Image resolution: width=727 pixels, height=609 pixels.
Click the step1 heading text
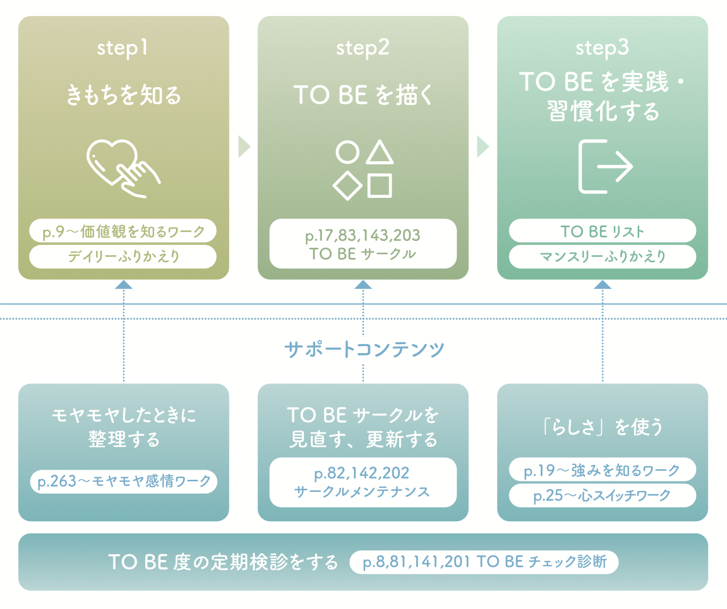click(x=122, y=48)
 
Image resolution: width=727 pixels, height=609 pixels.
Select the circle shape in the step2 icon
click(x=348, y=152)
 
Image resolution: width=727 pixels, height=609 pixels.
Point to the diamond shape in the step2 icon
click(x=348, y=186)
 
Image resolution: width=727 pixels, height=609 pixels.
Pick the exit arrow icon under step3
click(x=605, y=166)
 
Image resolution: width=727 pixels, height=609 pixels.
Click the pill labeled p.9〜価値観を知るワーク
click(x=123, y=231)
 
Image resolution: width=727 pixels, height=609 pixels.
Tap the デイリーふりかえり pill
click(x=123, y=256)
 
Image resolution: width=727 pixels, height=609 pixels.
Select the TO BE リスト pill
click(x=602, y=231)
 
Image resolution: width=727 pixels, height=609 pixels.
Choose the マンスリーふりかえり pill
click(x=602, y=256)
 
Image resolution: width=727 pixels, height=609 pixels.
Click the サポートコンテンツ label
click(x=364, y=349)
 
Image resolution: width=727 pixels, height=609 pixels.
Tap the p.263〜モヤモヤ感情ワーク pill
click(x=123, y=481)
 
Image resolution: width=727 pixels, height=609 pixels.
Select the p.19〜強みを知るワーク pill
click(x=602, y=470)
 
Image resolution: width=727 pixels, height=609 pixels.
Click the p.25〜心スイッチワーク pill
click(x=602, y=495)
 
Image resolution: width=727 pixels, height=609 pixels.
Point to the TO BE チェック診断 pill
click(x=484, y=562)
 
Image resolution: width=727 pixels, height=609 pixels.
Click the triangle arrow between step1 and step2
click(x=244, y=147)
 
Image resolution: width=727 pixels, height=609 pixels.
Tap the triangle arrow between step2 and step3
click(x=483, y=147)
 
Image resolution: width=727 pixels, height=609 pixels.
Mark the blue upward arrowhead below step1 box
click(x=123, y=285)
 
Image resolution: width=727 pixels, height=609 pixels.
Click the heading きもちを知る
click(x=123, y=95)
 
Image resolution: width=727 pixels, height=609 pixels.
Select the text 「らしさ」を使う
click(x=602, y=426)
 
